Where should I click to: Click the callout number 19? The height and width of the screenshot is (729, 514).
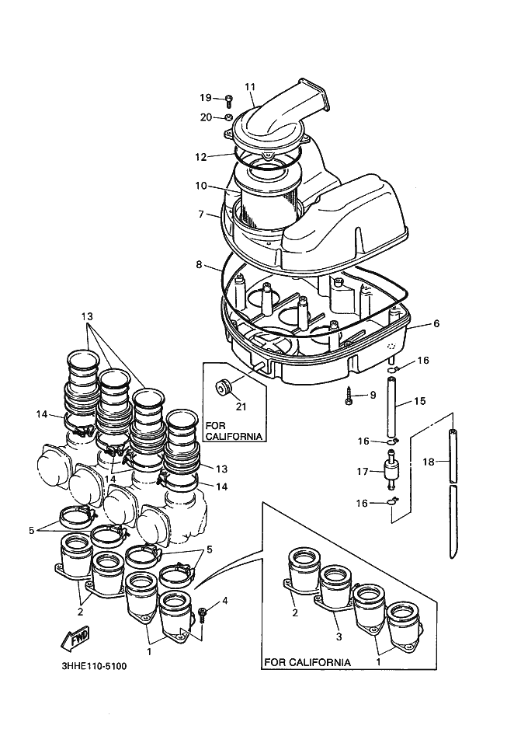coord(205,98)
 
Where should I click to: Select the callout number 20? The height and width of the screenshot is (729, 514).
coord(205,117)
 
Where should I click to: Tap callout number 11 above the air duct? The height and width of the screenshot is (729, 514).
coord(250,87)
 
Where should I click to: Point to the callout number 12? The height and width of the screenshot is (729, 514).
coord(200,156)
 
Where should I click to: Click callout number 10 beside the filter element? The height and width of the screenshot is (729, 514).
coord(200,187)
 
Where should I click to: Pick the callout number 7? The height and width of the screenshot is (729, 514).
coord(200,214)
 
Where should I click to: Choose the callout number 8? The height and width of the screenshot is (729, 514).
coord(200,265)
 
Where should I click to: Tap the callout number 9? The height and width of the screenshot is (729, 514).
coord(373,396)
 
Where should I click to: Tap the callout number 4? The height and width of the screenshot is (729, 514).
coord(225,601)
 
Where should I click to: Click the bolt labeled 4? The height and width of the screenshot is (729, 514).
coord(202,614)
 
